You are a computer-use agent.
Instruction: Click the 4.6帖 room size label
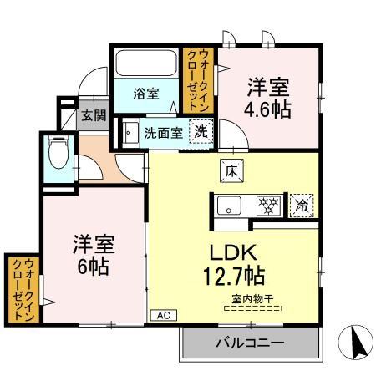pos(268,109)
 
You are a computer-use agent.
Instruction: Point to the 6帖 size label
pos(92,268)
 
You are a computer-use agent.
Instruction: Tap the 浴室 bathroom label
pos(145,94)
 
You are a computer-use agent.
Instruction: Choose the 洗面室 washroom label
pos(161,131)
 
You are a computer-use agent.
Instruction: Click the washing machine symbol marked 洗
pos(201,131)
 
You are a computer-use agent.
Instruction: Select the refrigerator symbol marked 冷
pos(299,203)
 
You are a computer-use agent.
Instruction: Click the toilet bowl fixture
pos(58,153)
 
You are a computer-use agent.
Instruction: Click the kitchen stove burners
pos(267,203)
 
